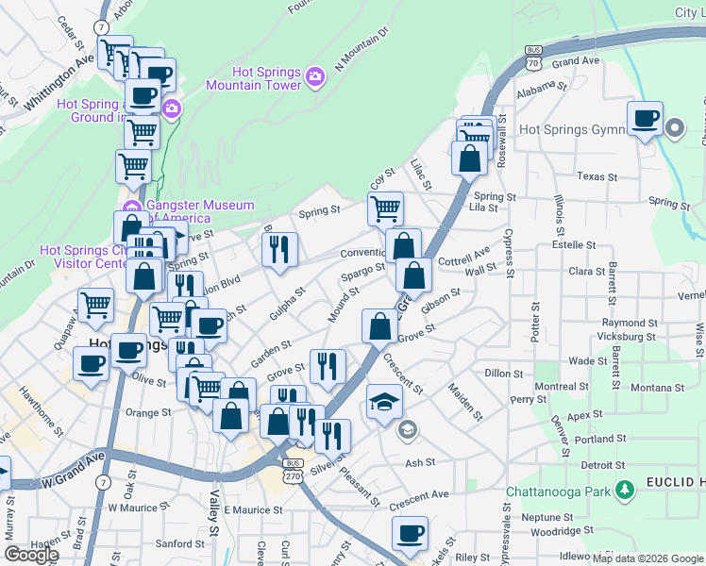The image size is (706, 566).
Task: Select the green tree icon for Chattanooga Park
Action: (x=623, y=491)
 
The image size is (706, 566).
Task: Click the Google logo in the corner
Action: (x=32, y=554)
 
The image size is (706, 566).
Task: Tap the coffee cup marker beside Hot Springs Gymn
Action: (x=645, y=119)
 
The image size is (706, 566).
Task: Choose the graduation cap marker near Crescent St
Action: (x=382, y=404)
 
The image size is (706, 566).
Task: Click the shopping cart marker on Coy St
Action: (x=385, y=208)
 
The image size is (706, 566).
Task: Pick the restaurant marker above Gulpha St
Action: (x=279, y=249)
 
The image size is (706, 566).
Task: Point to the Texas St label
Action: (x=596, y=176)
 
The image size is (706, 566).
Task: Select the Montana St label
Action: (x=658, y=388)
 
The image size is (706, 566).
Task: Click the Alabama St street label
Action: (x=541, y=86)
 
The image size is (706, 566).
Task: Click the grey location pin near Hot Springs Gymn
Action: (x=674, y=127)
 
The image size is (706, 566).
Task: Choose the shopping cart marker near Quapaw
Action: (x=95, y=305)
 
